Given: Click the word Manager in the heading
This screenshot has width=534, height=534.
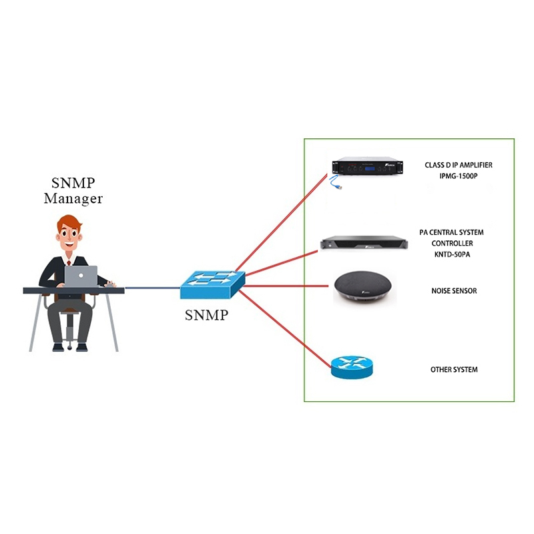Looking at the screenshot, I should tap(73, 198).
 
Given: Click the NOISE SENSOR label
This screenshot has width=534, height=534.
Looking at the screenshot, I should tap(454, 291).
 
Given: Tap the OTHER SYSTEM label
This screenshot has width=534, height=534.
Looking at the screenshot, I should tap(454, 369).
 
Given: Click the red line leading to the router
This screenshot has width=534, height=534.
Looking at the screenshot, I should tap(287, 327).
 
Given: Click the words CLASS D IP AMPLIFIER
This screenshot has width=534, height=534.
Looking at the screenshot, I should tap(459, 164).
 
